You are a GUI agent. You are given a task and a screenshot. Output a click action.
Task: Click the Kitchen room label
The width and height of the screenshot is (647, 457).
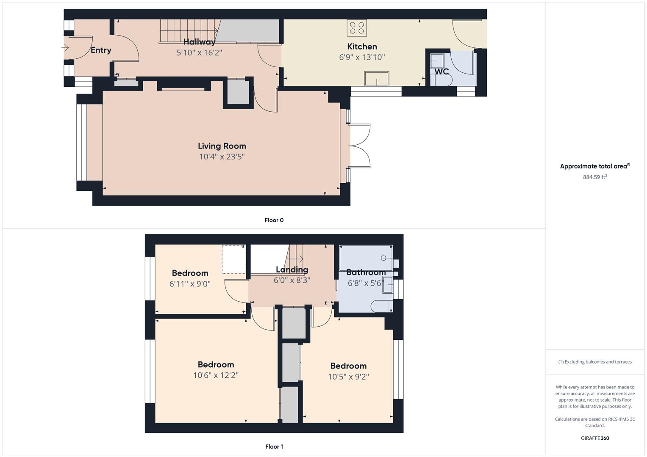pos(362,47)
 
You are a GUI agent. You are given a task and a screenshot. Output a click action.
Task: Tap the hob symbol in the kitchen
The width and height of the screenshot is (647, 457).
pos(357,28)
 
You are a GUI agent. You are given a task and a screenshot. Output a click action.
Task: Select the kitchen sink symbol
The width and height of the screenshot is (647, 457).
pos(376,79)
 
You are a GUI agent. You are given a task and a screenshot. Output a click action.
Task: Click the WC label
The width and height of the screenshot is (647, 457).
pos(442,72)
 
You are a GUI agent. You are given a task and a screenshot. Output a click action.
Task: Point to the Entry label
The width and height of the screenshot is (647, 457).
pos(101,50)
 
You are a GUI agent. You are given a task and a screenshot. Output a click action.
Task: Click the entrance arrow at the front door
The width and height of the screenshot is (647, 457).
pos(66,48)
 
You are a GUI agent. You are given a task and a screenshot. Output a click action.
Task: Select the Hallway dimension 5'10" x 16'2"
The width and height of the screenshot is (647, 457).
pos(199,52)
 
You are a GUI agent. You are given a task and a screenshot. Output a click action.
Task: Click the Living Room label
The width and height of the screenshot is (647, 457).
pos(222,146)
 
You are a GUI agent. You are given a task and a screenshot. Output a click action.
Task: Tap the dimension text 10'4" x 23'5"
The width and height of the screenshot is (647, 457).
pos(222,157)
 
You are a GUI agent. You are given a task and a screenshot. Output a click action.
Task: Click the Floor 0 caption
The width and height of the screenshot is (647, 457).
pos(274,220)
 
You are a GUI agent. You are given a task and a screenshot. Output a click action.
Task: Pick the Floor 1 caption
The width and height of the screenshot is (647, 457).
pos(274,446)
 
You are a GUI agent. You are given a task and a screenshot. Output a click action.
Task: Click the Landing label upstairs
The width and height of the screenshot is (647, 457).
pos(292,270)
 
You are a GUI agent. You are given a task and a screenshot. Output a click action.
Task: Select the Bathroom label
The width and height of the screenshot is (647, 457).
pos(366,272)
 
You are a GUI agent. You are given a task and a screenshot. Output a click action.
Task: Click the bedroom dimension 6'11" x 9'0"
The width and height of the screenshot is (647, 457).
pos(190,284)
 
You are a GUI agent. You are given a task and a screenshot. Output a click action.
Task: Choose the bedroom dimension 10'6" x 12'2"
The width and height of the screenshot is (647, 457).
pos(216,375)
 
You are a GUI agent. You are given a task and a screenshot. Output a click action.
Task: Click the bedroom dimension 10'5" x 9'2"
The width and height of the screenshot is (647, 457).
pos(348,377)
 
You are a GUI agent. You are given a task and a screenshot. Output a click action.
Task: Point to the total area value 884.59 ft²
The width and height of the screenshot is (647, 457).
pos(594,177)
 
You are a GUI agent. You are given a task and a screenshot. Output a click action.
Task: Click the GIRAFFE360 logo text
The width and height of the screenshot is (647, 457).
pos(594,438)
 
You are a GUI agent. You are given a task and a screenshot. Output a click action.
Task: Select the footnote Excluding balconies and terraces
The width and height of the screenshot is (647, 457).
pos(594,362)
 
